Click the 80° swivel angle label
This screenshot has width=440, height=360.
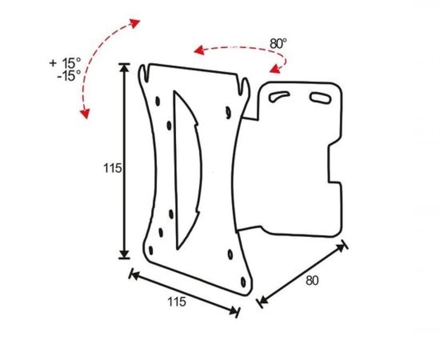(278, 43)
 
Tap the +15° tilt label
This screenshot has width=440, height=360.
(65, 63)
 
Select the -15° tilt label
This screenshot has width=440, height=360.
(69, 75)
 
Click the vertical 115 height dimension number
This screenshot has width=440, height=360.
(113, 168)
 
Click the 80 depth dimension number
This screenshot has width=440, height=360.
(312, 280)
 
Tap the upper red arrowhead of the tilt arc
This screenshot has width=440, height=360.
(135, 23)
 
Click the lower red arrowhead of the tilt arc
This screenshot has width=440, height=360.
(85, 113)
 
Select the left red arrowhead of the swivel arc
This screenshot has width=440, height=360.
(199, 50)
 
